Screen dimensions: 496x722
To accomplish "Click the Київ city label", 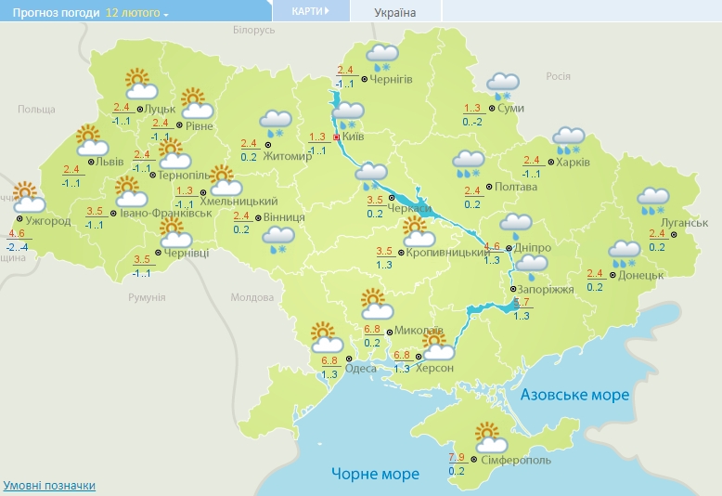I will (x=354, y=137).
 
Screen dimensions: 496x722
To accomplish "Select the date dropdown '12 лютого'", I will (x=137, y=14).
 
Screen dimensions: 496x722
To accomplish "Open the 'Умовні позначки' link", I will (x=49, y=486).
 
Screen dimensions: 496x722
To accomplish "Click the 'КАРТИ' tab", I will (x=310, y=11).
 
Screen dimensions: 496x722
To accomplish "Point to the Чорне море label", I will (x=376, y=474).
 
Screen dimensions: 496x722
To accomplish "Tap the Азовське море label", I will (x=574, y=395).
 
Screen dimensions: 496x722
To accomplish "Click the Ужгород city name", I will (x=47, y=221).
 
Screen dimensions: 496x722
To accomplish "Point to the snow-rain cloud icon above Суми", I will (x=502, y=86).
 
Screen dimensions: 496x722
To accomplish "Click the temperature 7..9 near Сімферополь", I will (x=457, y=457).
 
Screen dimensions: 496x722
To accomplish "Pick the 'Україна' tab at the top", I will (x=394, y=12).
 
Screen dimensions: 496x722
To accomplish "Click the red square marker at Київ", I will (x=337, y=136).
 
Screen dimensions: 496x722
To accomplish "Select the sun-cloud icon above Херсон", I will (x=437, y=346).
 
